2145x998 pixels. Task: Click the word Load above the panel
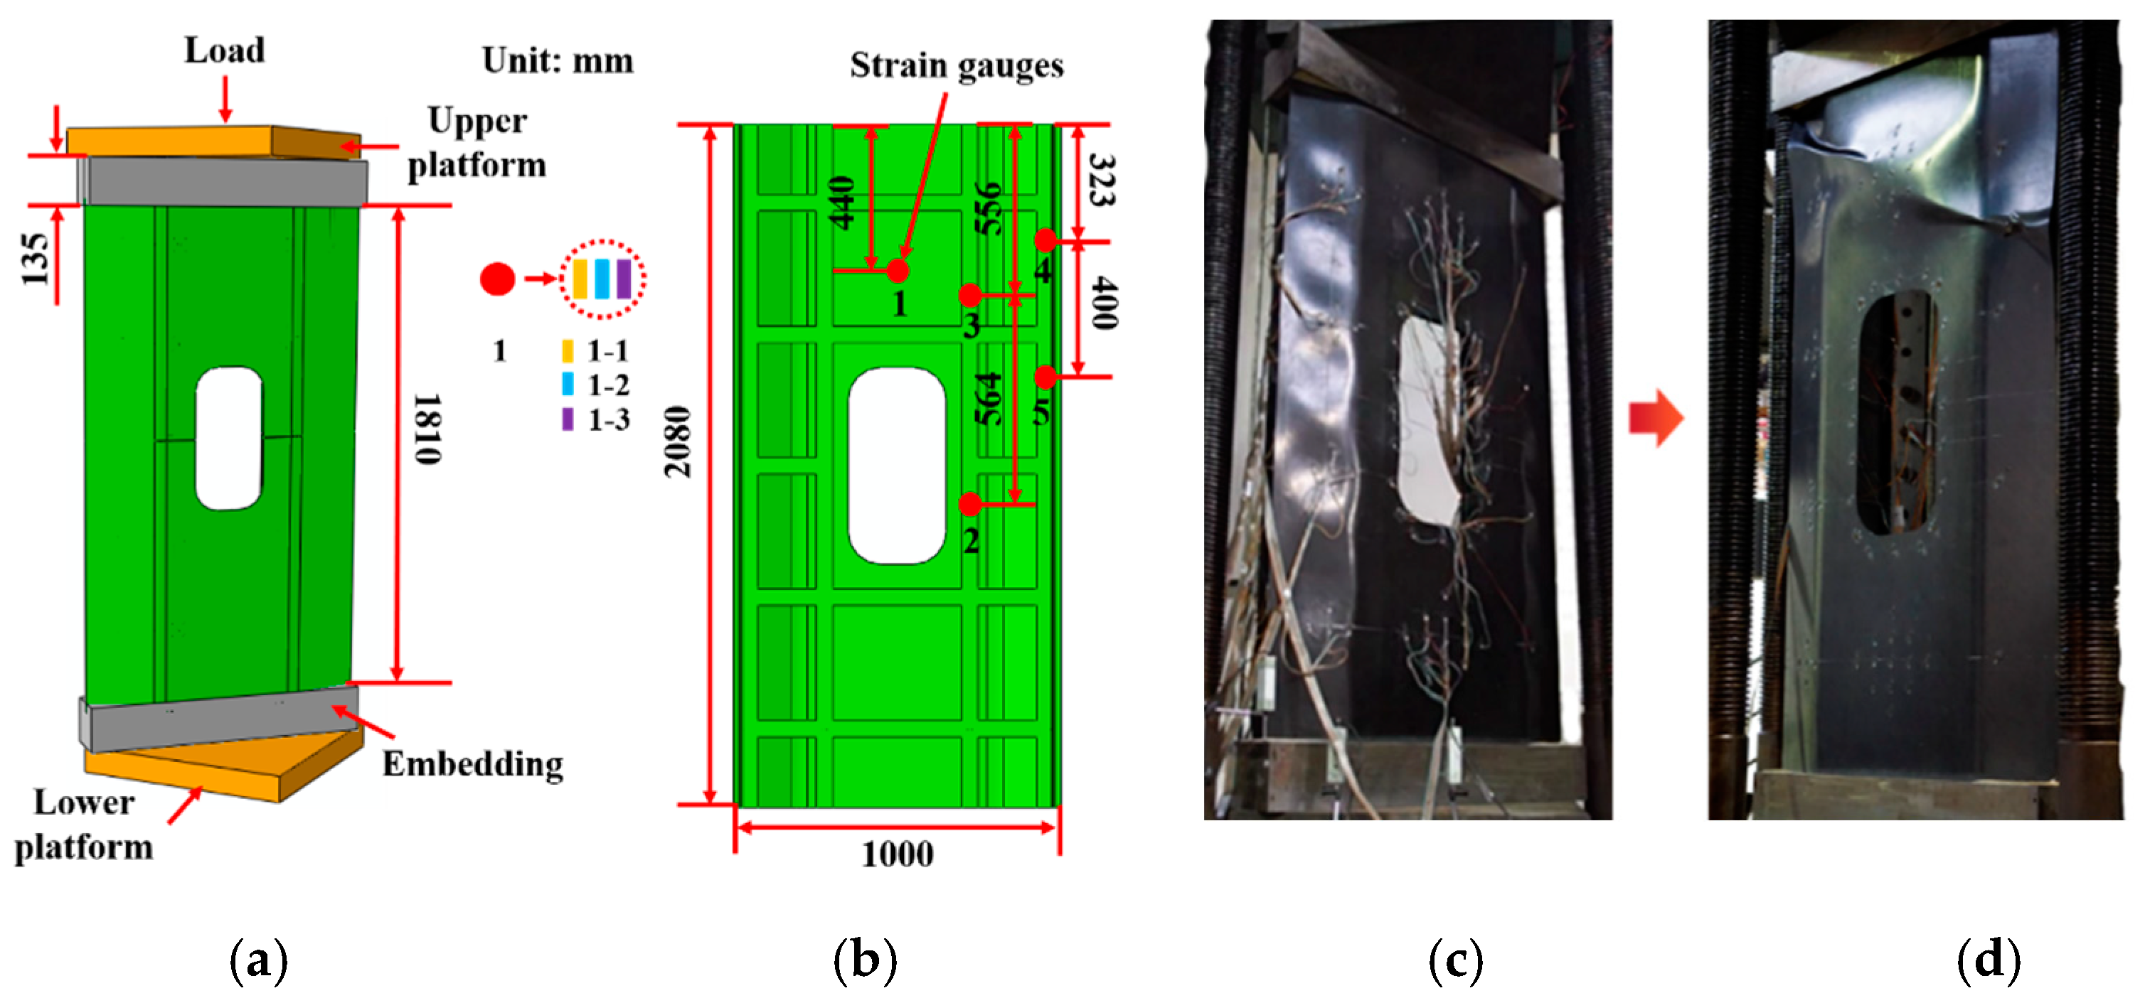tap(224, 50)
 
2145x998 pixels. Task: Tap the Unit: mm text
tap(557, 60)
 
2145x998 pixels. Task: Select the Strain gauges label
tap(956, 65)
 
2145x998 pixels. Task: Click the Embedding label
tap(472, 763)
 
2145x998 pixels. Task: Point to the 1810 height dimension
tap(428, 429)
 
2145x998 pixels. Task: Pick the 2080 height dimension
tap(677, 441)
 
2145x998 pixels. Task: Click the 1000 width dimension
tap(897, 854)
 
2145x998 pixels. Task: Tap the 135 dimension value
tap(35, 259)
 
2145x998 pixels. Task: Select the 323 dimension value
tap(1102, 180)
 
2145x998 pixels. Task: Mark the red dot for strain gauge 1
tap(897, 271)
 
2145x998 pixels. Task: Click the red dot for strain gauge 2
tap(970, 503)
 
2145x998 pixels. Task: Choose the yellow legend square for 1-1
tap(568, 350)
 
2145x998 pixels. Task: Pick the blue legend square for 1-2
tap(568, 385)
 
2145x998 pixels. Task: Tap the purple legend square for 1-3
tap(568, 419)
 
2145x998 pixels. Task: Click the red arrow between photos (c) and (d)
tap(1656, 418)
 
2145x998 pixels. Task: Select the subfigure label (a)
tap(258, 960)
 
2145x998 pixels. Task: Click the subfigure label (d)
tap(1989, 960)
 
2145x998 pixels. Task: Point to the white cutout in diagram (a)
tap(228, 438)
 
